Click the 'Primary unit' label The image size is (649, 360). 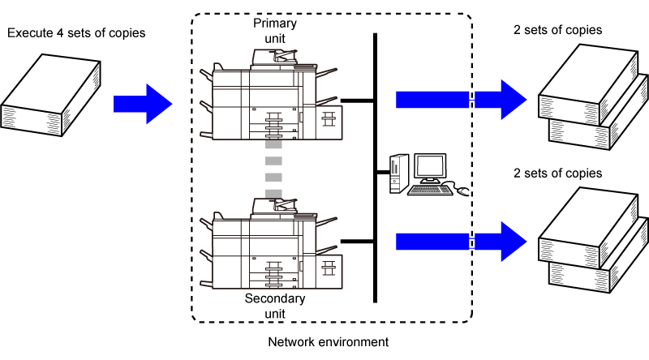click(275, 31)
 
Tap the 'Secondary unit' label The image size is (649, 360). click(275, 306)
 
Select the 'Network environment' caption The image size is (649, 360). click(329, 342)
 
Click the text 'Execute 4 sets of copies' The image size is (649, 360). click(76, 32)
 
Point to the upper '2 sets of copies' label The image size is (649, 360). click(557, 30)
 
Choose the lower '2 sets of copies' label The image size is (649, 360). click(557, 173)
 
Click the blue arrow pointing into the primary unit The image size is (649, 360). click(143, 104)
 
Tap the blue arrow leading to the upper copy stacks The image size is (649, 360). click(461, 100)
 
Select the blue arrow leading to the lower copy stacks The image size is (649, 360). click(461, 242)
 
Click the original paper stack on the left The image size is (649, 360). click(50, 95)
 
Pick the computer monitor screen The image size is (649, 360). click(431, 166)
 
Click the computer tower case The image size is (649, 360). click(399, 174)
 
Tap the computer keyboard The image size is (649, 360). click(430, 190)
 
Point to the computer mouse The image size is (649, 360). click(462, 191)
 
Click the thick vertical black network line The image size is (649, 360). click(375, 168)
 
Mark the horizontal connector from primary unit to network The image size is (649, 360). click(357, 101)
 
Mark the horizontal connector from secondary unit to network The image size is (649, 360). click(357, 242)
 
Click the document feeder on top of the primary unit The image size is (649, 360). click(274, 57)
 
